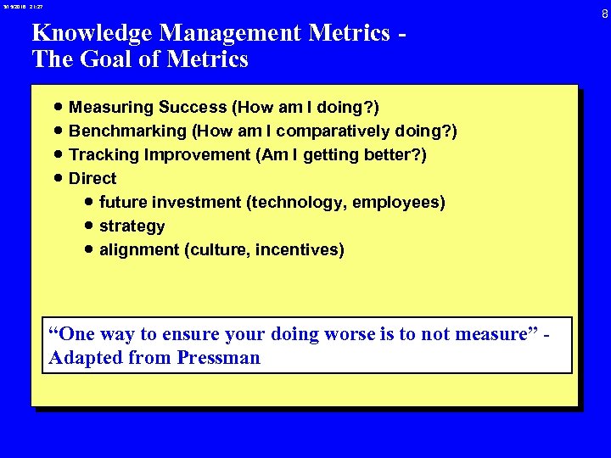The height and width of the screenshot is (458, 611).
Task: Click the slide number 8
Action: (x=604, y=14)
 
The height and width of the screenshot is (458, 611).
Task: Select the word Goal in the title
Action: (x=94, y=59)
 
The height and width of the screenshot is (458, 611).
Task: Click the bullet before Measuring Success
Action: (x=57, y=108)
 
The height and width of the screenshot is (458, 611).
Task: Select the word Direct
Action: (x=92, y=178)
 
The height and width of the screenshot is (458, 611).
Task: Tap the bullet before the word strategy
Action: (x=88, y=226)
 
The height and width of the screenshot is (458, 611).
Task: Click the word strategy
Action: (x=132, y=226)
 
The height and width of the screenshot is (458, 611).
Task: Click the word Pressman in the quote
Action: (x=219, y=358)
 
